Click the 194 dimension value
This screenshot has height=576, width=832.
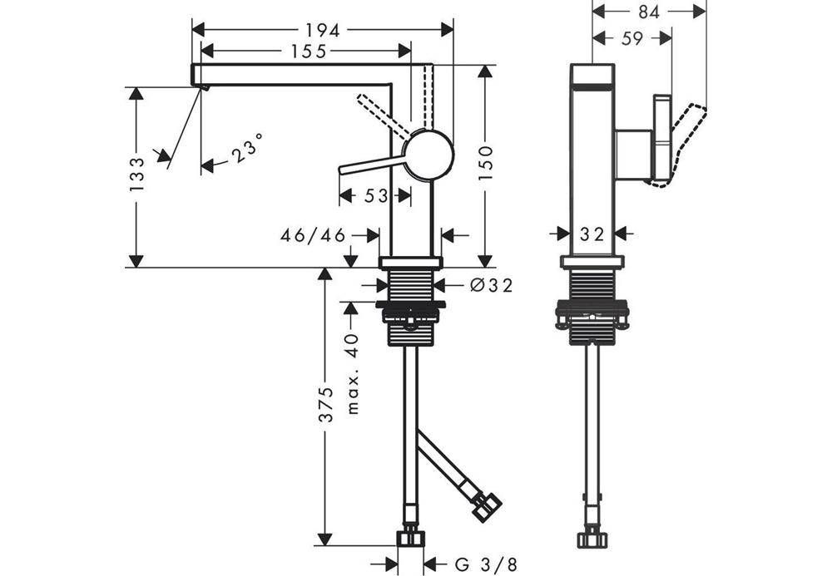(x=322, y=31)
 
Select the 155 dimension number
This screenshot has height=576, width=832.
(x=309, y=51)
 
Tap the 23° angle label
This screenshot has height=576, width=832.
(x=247, y=147)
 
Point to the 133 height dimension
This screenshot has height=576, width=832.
(x=136, y=175)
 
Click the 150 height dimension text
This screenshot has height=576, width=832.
(x=485, y=163)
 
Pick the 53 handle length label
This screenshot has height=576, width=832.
(x=376, y=196)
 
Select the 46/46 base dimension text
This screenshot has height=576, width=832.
(x=313, y=235)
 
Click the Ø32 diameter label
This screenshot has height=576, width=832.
(x=492, y=286)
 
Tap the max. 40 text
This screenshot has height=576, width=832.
(x=352, y=374)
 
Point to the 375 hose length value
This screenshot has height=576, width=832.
(x=325, y=405)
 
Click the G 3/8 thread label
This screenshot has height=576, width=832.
(x=486, y=564)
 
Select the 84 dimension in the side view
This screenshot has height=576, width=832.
(x=648, y=12)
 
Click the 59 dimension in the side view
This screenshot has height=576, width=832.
(x=631, y=38)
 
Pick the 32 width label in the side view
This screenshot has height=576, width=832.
(x=592, y=234)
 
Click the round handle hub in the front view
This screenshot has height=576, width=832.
(x=428, y=155)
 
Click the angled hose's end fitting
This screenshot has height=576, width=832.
(x=487, y=506)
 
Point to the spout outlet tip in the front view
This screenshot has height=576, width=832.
(x=203, y=86)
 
